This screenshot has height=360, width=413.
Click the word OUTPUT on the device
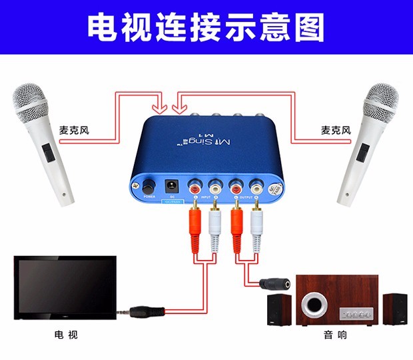(x=246, y=198)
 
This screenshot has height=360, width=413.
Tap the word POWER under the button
(x=149, y=197)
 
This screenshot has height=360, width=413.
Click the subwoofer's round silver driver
(x=312, y=307)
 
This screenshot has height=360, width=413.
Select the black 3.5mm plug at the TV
(x=143, y=311)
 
